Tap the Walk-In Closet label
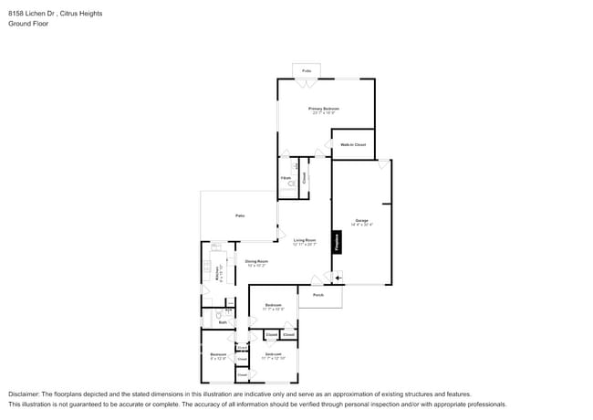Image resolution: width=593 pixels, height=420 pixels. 352,145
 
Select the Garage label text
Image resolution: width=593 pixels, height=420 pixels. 361,221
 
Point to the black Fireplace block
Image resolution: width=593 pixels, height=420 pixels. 337,241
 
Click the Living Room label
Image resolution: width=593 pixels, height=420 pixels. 304,240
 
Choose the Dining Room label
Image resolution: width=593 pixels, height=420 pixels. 255,262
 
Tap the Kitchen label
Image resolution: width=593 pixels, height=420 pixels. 217,272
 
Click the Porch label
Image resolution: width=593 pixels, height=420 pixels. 318,295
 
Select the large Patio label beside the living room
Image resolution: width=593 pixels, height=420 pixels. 240,215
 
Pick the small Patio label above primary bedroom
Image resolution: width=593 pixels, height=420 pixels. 307,69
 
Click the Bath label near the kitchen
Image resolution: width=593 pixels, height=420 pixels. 222,322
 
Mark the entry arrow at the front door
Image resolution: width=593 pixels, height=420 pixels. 338,277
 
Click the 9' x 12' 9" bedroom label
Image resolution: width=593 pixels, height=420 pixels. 218,355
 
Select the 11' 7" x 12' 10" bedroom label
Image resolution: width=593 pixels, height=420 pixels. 274,355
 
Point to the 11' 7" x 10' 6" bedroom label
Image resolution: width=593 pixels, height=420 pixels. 273,306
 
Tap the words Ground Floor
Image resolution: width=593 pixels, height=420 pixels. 29,24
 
